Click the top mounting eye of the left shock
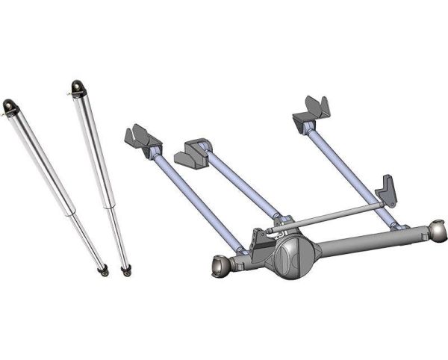coord(10,107)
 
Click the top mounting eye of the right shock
coord(77,87)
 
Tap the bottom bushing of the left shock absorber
coord(102,270)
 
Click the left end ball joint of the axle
coord(220,264)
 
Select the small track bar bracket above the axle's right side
coord(388,190)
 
